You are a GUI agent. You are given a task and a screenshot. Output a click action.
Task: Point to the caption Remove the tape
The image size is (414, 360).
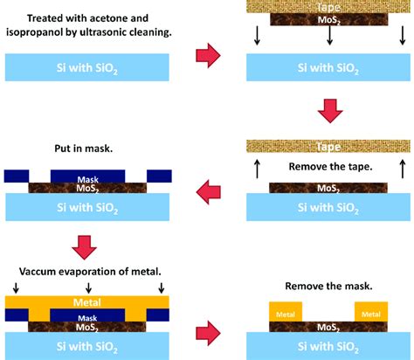pyautogui.click(x=328, y=166)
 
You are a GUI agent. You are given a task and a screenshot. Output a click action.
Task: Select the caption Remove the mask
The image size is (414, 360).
pyautogui.click(x=328, y=285)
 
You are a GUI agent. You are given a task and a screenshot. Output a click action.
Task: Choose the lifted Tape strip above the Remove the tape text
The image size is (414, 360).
pyautogui.click(x=328, y=147)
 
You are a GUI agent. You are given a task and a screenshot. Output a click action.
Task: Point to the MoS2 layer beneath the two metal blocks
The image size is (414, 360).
pyautogui.click(x=328, y=328)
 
